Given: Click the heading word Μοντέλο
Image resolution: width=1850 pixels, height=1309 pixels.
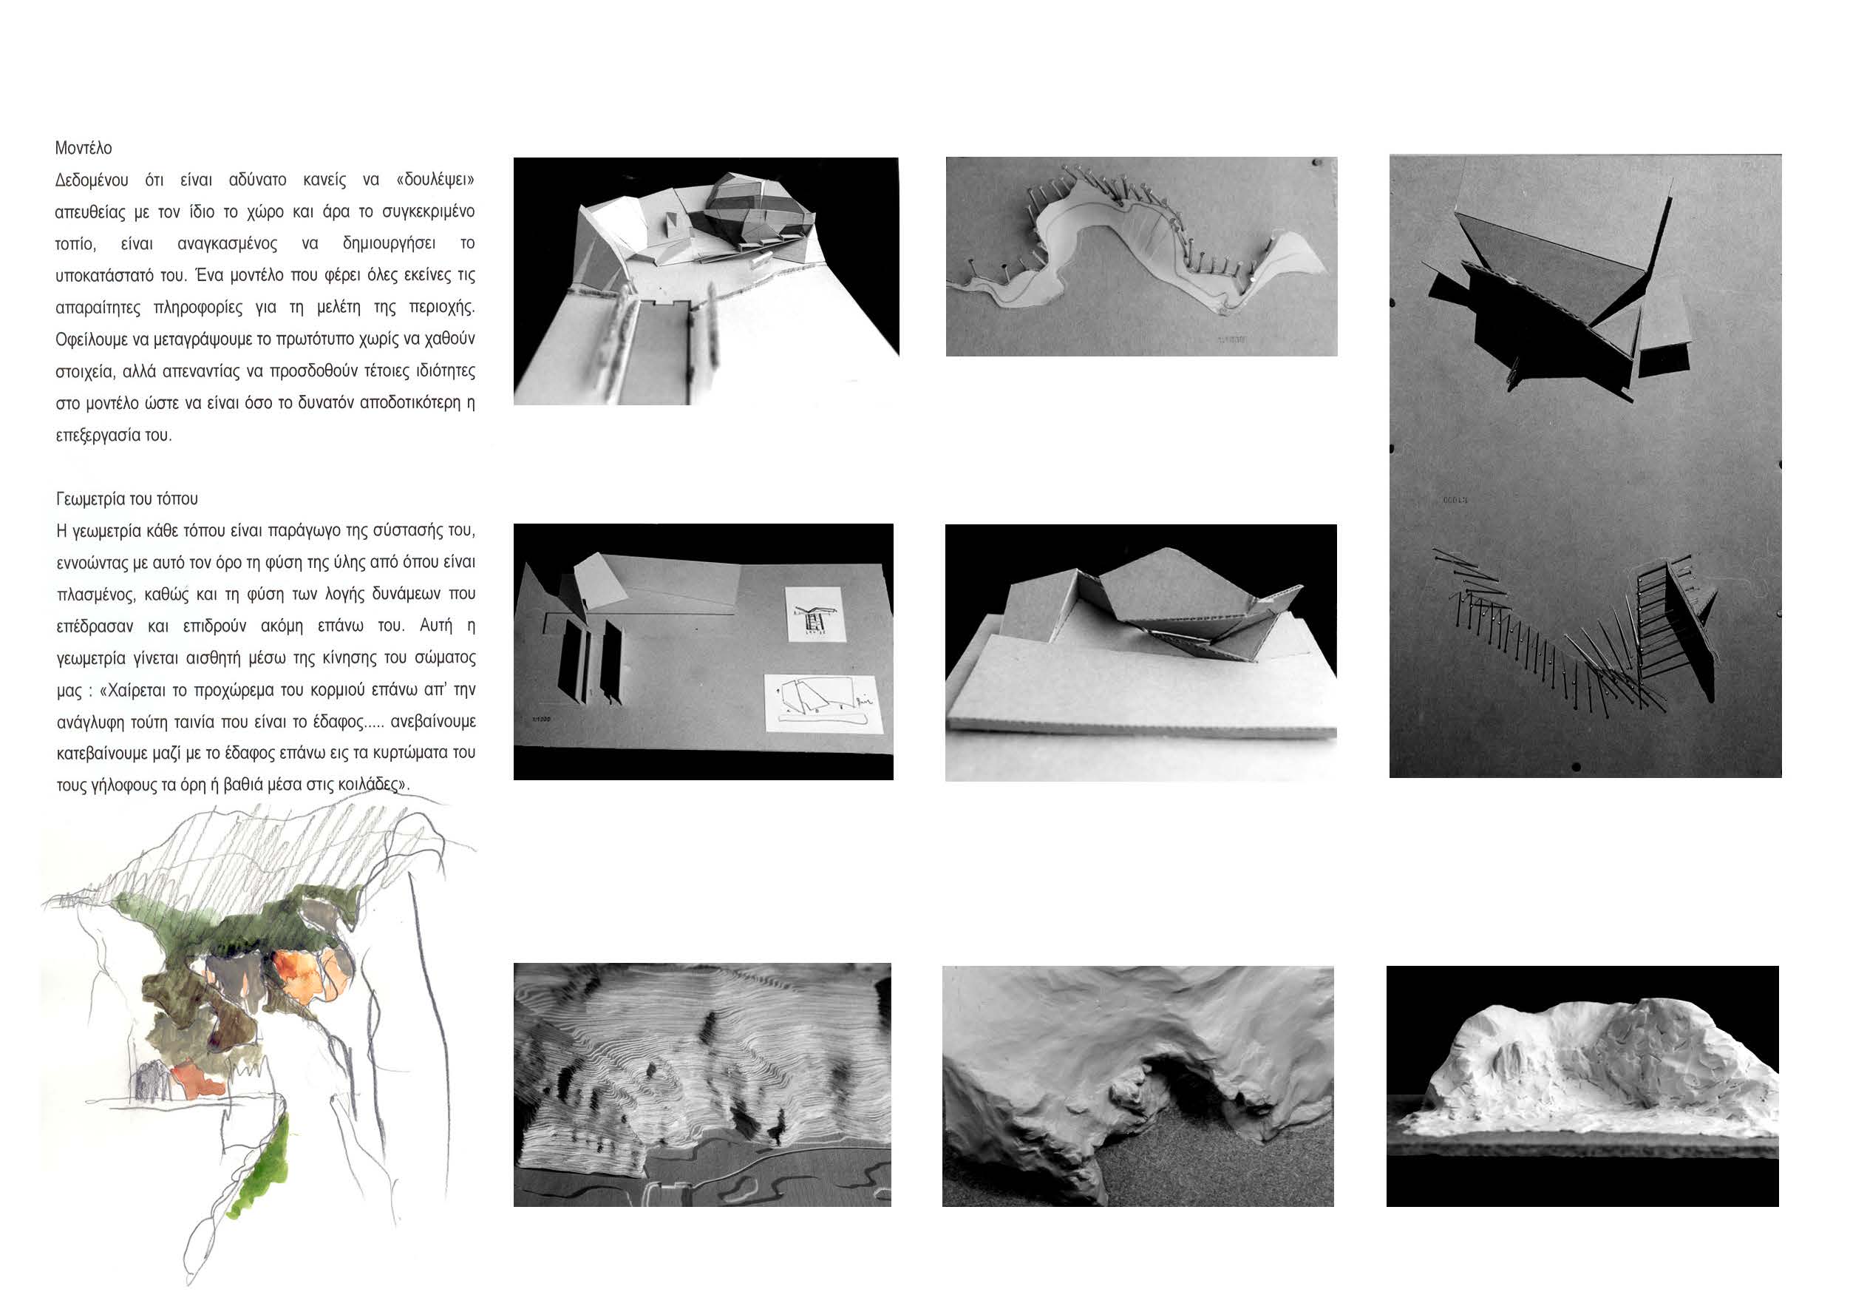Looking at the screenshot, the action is coord(83,149).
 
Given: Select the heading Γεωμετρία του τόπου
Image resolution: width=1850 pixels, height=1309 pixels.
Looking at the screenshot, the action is coord(127,499).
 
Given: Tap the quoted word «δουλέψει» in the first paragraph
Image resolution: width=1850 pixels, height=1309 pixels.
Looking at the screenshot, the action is coord(435,180).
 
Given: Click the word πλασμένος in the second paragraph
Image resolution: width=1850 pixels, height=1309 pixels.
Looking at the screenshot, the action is coord(95,595).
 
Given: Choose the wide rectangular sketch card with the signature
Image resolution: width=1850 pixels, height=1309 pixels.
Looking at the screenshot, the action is coord(823,703).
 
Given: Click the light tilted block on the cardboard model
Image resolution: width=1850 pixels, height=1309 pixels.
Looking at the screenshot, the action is coord(599,581).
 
